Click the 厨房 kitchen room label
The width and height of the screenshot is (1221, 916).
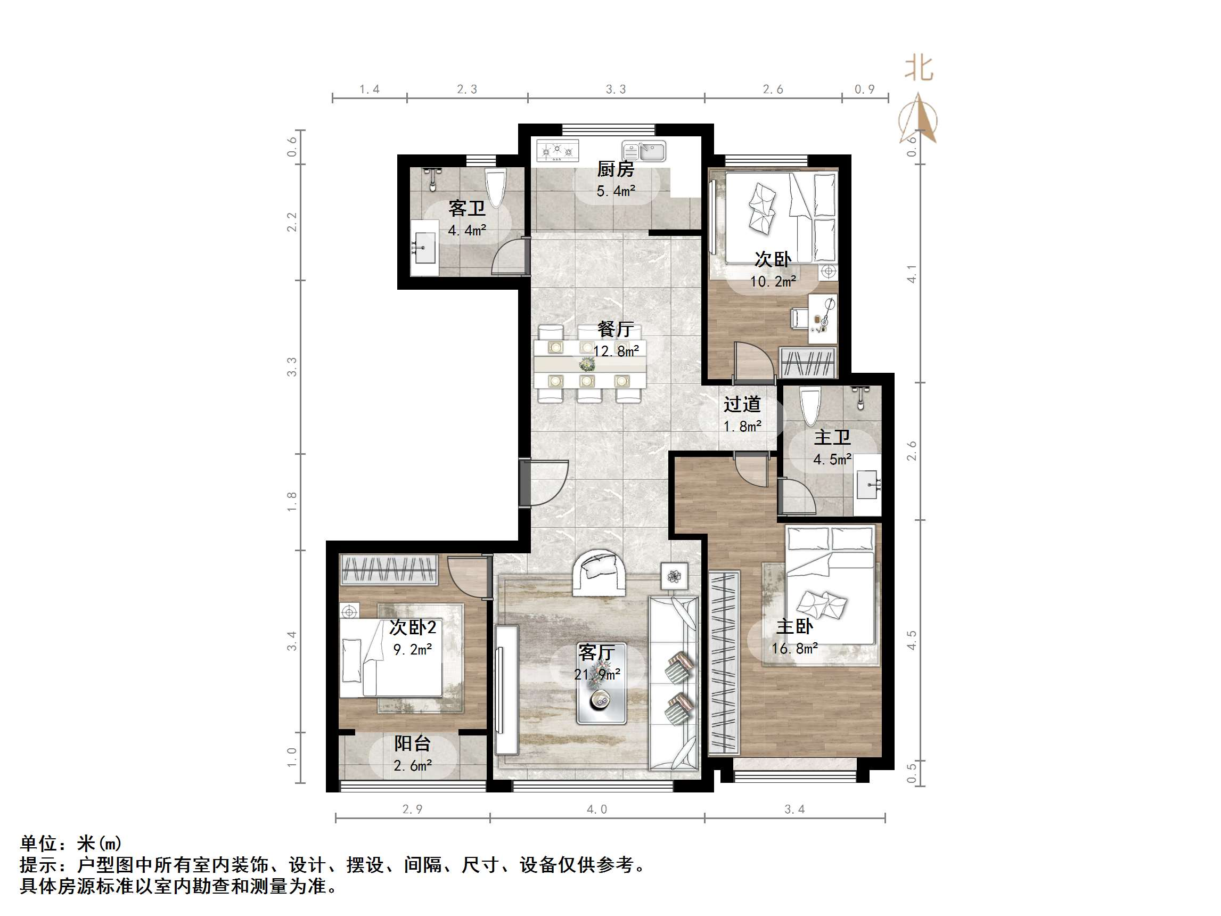pyautogui.click(x=616, y=169)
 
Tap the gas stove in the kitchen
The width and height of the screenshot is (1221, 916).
pyautogui.click(x=558, y=150)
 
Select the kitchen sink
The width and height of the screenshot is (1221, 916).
pyautogui.click(x=644, y=151)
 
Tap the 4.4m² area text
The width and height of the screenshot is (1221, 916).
pyautogui.click(x=467, y=230)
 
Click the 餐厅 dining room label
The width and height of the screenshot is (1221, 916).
pyautogui.click(x=616, y=330)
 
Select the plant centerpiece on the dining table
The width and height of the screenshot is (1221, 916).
pyautogui.click(x=587, y=364)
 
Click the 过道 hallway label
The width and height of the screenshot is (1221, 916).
pyautogui.click(x=742, y=404)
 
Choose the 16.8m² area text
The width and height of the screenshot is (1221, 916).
pyautogui.click(x=794, y=648)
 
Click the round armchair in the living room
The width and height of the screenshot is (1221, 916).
pyautogui.click(x=599, y=572)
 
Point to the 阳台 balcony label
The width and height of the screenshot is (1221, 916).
pyautogui.click(x=412, y=744)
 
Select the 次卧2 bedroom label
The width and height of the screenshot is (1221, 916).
pyautogui.click(x=412, y=627)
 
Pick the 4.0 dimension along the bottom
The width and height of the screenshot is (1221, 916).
pyautogui.click(x=597, y=809)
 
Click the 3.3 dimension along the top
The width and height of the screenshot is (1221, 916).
pyautogui.click(x=616, y=89)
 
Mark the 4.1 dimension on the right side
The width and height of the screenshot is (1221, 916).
pyautogui.click(x=912, y=274)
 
